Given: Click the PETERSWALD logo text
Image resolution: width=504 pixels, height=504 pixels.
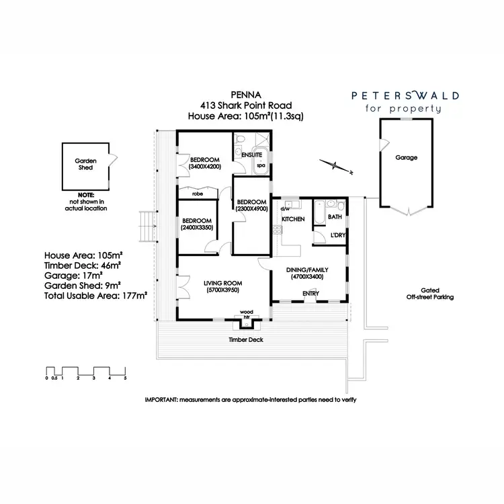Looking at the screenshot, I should [406, 96].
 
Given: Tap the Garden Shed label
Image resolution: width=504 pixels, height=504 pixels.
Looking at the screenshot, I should [85, 164].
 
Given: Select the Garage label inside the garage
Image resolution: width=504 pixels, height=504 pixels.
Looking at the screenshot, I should [406, 157].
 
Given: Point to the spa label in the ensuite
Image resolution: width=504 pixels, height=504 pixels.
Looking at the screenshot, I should [261, 165].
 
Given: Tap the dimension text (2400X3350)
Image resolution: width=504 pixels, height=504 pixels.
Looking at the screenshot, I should [197, 228].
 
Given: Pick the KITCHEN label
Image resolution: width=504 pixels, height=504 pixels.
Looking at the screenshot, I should [293, 219].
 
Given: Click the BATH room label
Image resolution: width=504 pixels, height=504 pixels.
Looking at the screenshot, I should [335, 216].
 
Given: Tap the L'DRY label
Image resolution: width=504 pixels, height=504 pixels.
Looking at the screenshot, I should [337, 235].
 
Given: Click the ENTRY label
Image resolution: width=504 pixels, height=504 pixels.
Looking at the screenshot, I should [310, 293].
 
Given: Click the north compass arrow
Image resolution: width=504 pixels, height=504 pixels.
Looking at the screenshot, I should [336, 164].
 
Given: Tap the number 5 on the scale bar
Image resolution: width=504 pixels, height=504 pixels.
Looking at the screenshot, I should [125, 379].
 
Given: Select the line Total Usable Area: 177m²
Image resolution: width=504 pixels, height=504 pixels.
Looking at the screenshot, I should [95, 294].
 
